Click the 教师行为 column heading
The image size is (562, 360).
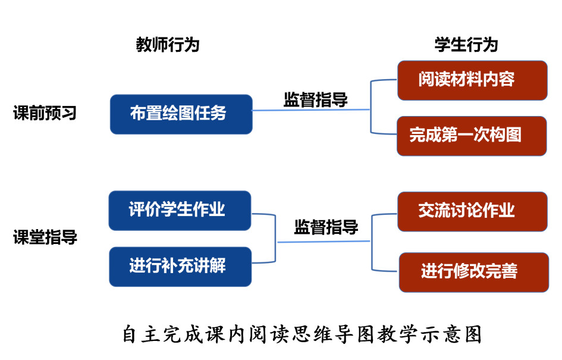point(168,45)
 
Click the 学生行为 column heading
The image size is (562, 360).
point(466,45)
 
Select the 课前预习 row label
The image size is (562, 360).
point(45,113)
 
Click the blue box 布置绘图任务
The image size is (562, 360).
point(181,114)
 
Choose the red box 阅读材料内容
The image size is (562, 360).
point(472,80)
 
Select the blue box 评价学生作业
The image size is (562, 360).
point(180,210)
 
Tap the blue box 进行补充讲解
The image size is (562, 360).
point(180,266)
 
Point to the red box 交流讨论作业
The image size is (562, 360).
point(472,211)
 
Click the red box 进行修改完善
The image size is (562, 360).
point(473,272)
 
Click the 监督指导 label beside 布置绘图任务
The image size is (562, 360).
point(316,99)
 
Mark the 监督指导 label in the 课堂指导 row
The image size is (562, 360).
point(326,227)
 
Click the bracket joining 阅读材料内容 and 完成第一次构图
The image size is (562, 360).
point(371,107)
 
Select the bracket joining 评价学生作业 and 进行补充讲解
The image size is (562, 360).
point(276,238)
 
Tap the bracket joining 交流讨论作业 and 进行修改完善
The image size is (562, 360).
point(373,240)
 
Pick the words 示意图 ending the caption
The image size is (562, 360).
point(452,334)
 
